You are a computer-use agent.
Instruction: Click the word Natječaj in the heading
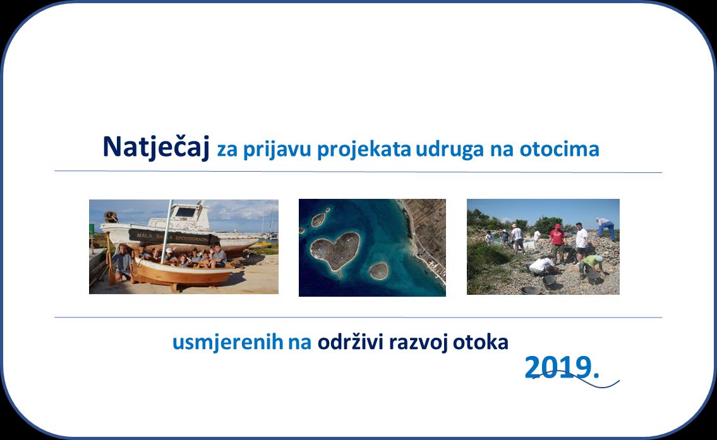point(156,147)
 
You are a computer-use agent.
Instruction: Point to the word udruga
point(450,150)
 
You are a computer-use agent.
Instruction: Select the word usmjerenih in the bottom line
point(227,342)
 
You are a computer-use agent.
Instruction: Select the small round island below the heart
point(378,271)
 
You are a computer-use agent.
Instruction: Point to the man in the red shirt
point(557,242)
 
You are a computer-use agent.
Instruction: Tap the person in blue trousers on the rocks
point(606,229)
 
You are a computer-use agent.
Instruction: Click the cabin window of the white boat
point(186,212)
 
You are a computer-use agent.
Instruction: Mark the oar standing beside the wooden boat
point(110,258)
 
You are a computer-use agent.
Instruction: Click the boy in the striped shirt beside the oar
point(122,263)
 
